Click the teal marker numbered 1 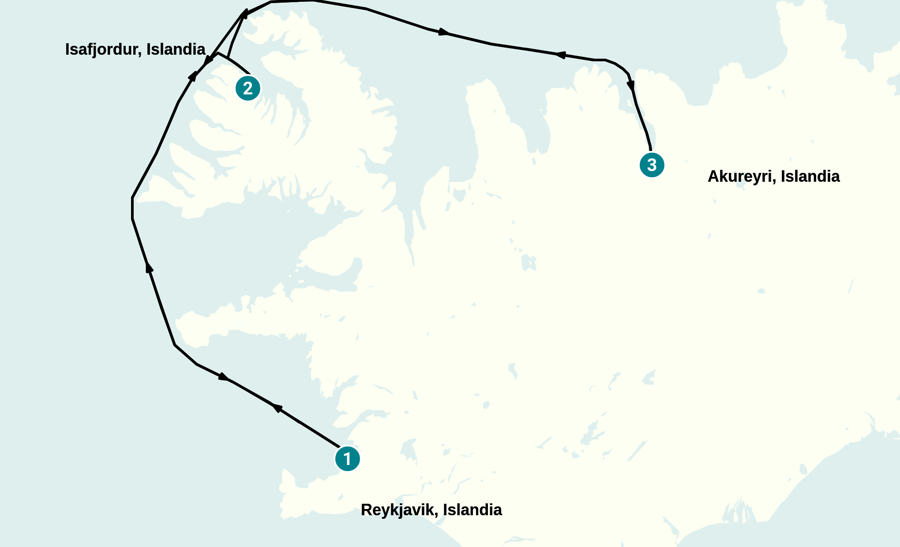[348, 459]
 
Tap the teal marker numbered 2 [248, 88]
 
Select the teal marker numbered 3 [652, 165]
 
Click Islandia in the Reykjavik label [472, 510]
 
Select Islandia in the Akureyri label [810, 176]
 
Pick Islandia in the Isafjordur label [176, 49]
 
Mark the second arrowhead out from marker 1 [224, 377]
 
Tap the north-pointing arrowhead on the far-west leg [149, 267]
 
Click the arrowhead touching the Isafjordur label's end [208, 58]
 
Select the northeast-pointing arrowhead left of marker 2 [193, 76]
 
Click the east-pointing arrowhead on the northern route [444, 32]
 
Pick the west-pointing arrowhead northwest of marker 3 [560, 55]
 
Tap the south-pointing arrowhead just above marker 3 [631, 85]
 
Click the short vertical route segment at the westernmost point [132, 208]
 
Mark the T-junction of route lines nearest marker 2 [228, 57]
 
